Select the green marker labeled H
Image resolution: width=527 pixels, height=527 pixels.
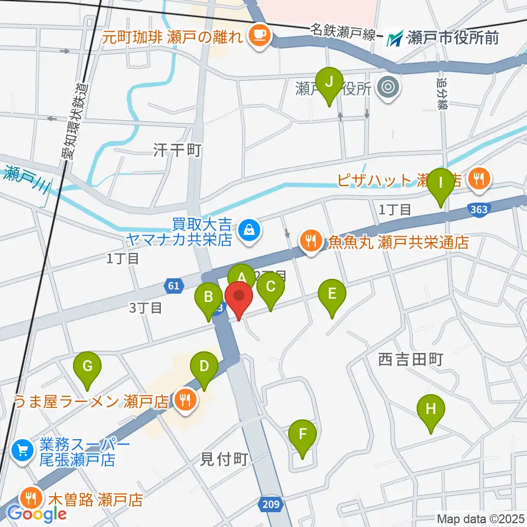tap(431, 410)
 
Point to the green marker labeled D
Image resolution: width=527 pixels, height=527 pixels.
tap(204, 367)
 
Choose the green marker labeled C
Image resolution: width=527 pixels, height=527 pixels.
tap(271, 288)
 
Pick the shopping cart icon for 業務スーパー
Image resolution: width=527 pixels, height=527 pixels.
tap(22, 450)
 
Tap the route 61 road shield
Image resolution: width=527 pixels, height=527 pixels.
tap(173, 285)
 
